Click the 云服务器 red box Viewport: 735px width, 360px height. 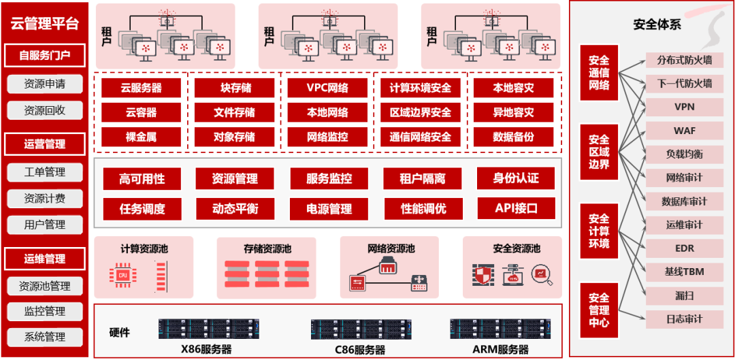pyautogui.click(x=141, y=88)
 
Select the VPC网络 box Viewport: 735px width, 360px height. pyautogui.click(x=327, y=88)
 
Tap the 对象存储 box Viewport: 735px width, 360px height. pyautogui.click(x=234, y=137)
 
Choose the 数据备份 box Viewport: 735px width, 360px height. pyautogui.click(x=513, y=137)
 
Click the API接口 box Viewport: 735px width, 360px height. pyautogui.click(x=516, y=208)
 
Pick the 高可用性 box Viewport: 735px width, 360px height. pyautogui.click(x=142, y=179)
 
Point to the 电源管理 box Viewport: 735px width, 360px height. pyautogui.click(x=329, y=208)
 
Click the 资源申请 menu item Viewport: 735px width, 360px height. pyautogui.click(x=45, y=84)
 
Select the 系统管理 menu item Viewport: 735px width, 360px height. pyautogui.click(x=45, y=336)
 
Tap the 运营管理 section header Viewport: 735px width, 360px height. pyautogui.click(x=45, y=144)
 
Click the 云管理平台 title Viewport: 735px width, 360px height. pyautogui.click(x=45, y=24)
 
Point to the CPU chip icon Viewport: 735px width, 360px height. pyautogui.click(x=123, y=276)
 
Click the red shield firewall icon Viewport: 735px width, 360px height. pyautogui.click(x=483, y=274)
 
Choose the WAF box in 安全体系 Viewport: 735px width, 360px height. pyautogui.click(x=684, y=130)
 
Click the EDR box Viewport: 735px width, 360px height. pyautogui.click(x=684, y=248)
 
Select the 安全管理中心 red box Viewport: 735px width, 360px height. pyautogui.click(x=599, y=310)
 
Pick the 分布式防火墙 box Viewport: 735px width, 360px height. pyautogui.click(x=684, y=60)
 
